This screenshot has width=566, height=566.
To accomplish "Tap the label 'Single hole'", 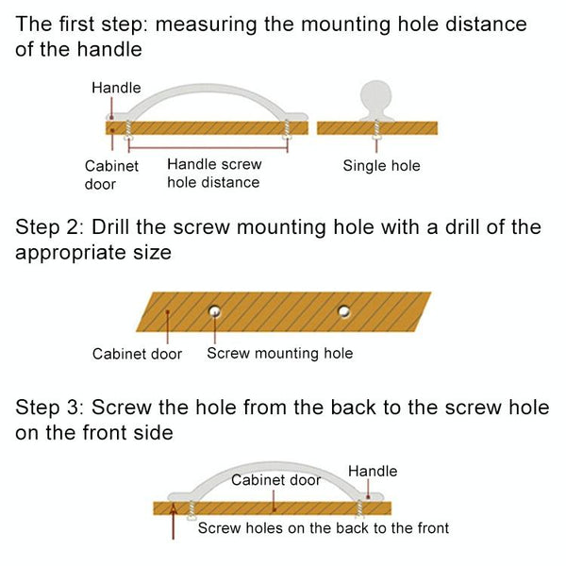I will pos(381,166).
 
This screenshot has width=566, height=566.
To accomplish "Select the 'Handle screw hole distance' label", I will pos(214,174).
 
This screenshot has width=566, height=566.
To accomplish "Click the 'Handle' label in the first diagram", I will pos(116,88).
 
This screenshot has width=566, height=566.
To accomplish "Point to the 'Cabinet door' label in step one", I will pos(111,175).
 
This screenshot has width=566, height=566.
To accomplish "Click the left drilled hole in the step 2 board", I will pos(216,309).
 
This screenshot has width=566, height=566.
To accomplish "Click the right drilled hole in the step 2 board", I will pos(344,309).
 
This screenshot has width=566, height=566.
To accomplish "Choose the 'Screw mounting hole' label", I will pos(279,354).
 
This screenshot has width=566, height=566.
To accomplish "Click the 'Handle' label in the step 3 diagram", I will pos(373,471).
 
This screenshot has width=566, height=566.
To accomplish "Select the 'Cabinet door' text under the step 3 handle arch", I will pos(277,480).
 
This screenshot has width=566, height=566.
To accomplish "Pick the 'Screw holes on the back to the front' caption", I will pos(323,527).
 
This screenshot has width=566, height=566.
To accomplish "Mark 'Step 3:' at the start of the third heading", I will pos(51,408).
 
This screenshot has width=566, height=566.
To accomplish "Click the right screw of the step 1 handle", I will pos(288,135).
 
